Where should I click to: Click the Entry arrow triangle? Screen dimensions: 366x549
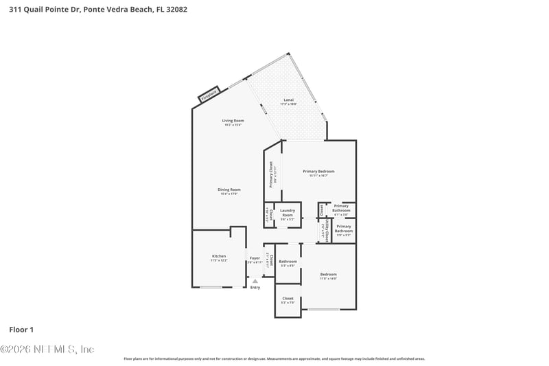pos(255,281)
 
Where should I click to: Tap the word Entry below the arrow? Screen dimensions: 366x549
pos(255,288)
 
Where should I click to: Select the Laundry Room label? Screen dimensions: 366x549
pos(288,213)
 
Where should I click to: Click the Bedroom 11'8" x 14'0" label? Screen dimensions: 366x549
pos(328,276)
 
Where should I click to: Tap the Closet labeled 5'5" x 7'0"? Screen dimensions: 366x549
pos(288,300)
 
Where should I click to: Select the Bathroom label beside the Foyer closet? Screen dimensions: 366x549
pos(288,262)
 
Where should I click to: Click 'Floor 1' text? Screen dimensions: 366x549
pos(21,330)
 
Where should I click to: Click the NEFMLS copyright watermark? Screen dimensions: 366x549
pos(47,350)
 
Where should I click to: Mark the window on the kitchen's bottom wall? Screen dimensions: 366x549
pos(211,287)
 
